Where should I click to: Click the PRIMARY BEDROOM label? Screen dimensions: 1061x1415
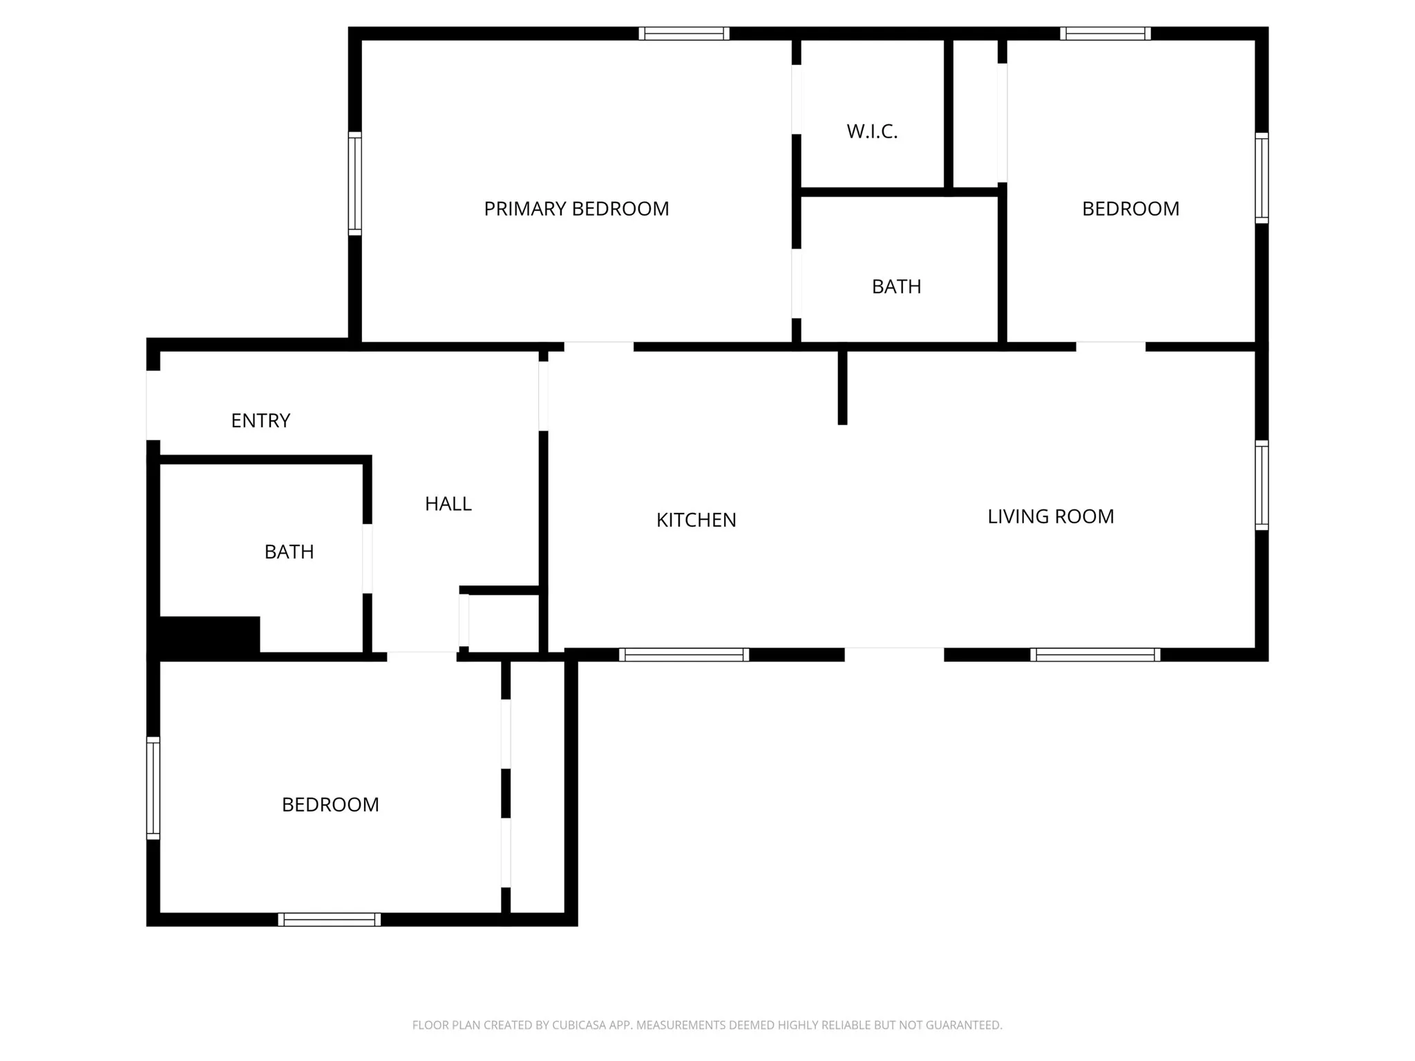coord(576,209)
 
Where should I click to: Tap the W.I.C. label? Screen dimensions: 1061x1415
coord(872,131)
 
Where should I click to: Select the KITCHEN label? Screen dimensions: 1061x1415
coord(696,520)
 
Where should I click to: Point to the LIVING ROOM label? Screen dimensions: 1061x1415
coord(1050,516)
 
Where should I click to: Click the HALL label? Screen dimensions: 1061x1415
coord(448,504)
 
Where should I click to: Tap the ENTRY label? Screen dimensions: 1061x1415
coord(260,420)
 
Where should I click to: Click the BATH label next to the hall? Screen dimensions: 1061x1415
coord(289,552)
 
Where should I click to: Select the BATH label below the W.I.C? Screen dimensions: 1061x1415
coord(896,286)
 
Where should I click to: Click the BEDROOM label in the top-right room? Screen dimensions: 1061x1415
coord(1130,209)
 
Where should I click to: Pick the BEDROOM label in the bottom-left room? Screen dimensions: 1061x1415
coord(330,805)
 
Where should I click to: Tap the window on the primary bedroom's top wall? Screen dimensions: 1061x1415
coord(683,33)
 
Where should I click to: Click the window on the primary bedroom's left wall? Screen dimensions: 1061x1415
coord(354,183)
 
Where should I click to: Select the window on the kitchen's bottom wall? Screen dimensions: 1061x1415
coord(683,655)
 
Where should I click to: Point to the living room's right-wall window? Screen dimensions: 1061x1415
coord(1262,485)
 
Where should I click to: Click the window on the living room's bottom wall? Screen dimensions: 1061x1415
coord(1095,655)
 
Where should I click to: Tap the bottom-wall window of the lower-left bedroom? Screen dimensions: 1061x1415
coord(329,919)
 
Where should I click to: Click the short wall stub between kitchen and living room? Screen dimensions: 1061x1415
coord(842,387)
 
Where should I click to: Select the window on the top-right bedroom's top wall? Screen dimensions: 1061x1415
coord(1105,33)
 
